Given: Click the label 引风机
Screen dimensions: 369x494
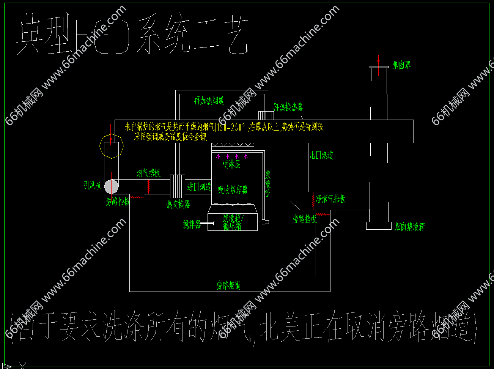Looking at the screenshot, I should [93, 185].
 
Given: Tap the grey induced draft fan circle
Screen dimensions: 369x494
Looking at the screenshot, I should [111, 186].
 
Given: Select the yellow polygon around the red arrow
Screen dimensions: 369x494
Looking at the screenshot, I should [112, 145].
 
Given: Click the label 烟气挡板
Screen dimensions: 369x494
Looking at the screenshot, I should [148, 173].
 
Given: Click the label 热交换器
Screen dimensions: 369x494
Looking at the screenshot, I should [178, 204].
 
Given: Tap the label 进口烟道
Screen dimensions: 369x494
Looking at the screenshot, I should [199, 187].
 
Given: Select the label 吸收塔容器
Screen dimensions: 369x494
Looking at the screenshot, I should [233, 190].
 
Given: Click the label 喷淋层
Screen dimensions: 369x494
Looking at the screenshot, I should [231, 164].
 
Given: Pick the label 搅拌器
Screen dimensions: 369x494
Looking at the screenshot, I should [191, 224].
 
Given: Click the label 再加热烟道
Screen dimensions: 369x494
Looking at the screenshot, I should [209, 101].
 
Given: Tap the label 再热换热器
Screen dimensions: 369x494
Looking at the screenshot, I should [288, 107].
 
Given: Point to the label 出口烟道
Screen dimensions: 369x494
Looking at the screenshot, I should [322, 155].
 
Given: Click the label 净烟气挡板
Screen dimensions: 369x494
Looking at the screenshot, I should [331, 199].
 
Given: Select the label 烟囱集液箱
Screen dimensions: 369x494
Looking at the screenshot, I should [410, 227].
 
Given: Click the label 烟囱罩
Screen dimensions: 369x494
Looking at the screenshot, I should [401, 65].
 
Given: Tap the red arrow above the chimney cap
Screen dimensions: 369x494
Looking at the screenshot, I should [378, 59].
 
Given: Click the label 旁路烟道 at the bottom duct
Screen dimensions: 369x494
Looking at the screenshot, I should [229, 285].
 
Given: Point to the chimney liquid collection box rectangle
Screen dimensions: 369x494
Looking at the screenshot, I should [379, 225].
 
